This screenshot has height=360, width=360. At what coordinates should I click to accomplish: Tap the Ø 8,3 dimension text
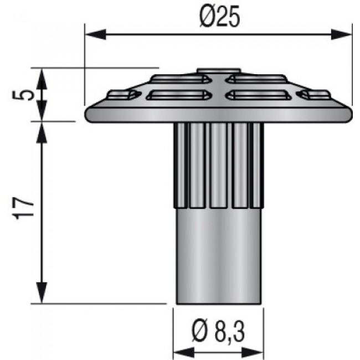(218, 332)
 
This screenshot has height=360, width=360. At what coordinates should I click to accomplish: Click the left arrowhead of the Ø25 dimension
(95, 34)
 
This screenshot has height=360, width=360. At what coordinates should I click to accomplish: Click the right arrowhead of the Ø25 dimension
(342, 34)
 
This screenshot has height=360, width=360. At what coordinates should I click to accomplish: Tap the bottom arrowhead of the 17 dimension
(42, 292)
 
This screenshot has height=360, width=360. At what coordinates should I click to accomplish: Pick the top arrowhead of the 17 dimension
(42, 132)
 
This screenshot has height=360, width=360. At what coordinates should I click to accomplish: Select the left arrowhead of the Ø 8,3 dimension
(184, 353)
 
